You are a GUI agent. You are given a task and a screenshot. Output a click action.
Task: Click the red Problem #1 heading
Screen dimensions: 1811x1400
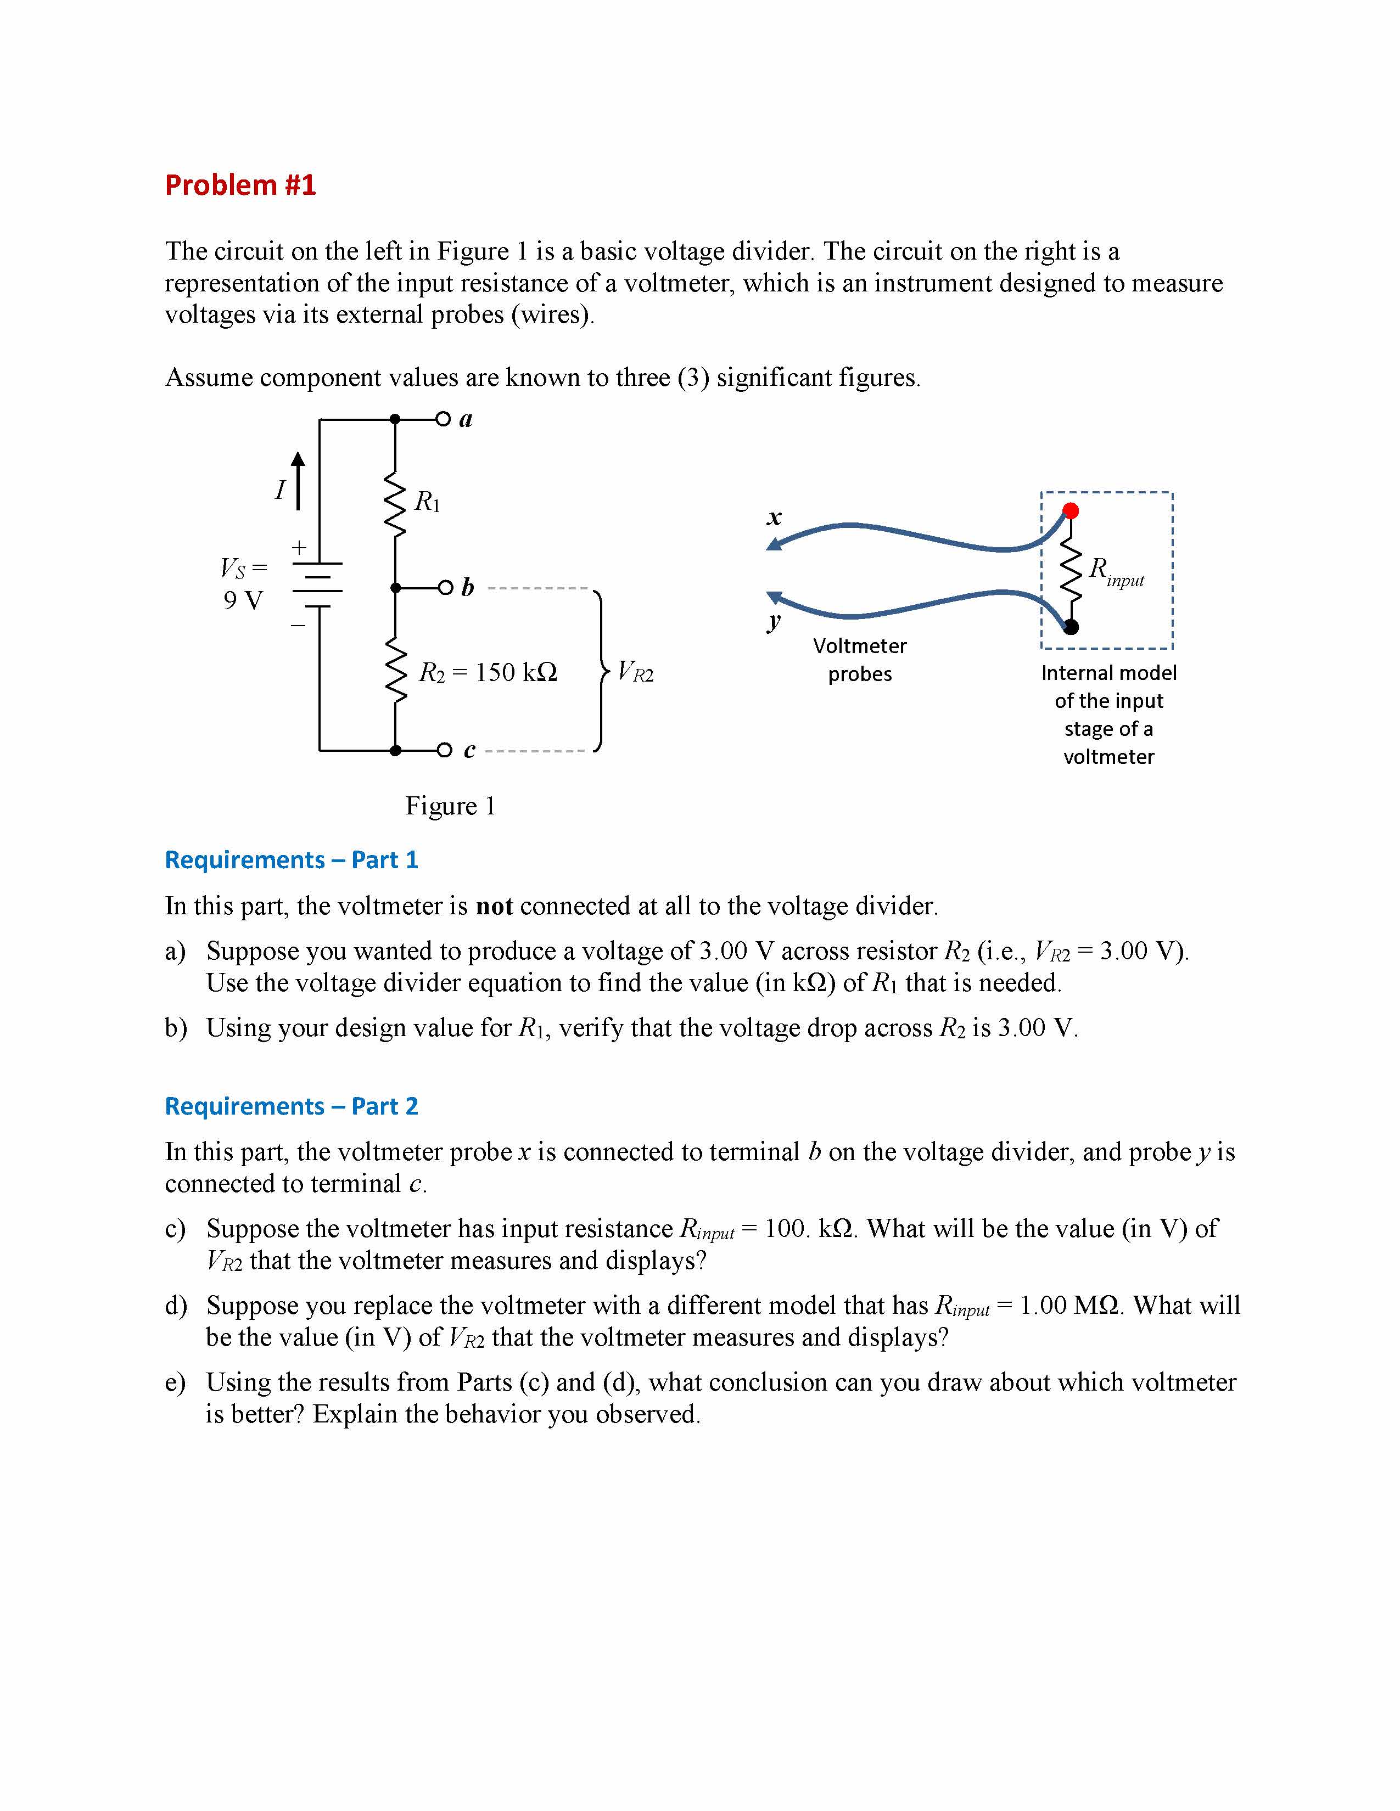click(x=240, y=185)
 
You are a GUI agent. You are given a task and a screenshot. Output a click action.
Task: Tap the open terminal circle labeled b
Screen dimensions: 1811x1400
click(x=445, y=588)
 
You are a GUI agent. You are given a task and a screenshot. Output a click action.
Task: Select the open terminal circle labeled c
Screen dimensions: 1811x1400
click(x=445, y=750)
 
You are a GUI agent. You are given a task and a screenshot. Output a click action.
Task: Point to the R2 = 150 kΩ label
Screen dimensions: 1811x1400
click(x=488, y=672)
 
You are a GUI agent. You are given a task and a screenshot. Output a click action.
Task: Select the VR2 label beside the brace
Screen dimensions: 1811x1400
click(x=635, y=672)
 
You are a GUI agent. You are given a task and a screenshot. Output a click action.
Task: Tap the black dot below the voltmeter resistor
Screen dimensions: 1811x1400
click(x=1071, y=627)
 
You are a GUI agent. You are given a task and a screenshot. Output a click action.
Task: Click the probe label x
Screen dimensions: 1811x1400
click(x=774, y=518)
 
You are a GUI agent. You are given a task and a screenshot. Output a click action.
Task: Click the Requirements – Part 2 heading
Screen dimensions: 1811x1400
click(x=291, y=1106)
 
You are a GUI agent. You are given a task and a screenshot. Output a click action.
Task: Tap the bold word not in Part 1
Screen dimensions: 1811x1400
click(x=494, y=907)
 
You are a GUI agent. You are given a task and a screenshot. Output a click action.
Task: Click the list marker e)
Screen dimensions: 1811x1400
click(x=175, y=1382)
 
